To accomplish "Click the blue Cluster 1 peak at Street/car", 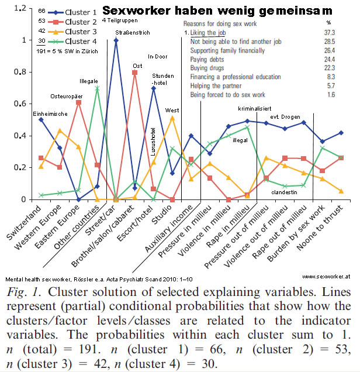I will coord(116,40).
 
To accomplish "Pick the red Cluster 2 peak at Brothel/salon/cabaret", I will coord(134,72).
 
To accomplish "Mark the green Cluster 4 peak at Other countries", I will coord(97,88).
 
